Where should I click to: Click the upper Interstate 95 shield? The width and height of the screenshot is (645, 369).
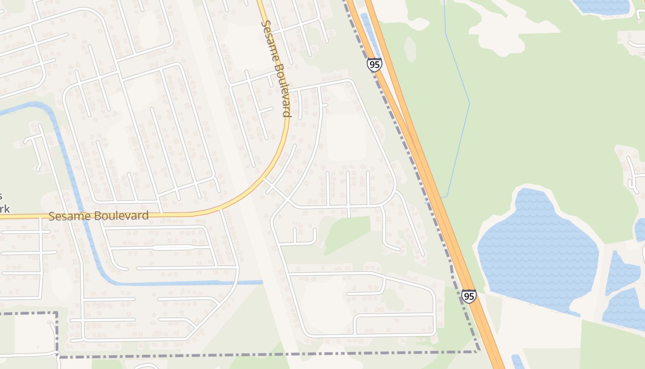(x=374, y=65)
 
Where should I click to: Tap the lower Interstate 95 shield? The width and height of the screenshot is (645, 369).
(x=469, y=296)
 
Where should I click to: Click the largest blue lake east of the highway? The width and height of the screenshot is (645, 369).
(x=537, y=249)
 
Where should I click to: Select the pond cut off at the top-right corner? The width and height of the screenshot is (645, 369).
(x=601, y=6)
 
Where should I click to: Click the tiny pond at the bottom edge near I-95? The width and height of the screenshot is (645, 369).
(x=517, y=361)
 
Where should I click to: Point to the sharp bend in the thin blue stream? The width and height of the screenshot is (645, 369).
(x=469, y=103)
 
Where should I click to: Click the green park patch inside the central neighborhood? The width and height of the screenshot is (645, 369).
(x=348, y=232)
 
